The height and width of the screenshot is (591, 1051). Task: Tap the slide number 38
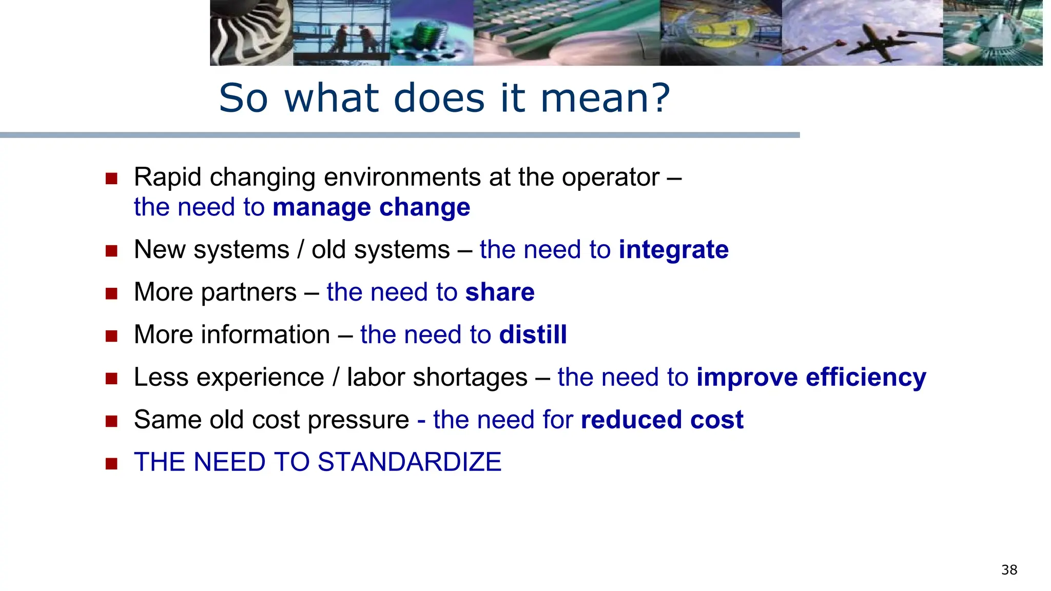pyautogui.click(x=1009, y=570)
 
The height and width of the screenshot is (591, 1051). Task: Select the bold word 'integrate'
pyautogui.click(x=673, y=250)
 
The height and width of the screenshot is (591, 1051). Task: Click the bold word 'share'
pyautogui.click(x=500, y=292)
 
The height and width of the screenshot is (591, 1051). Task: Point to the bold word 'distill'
pyautogui.click(x=533, y=335)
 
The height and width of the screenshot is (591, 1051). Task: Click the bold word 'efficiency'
pyautogui.click(x=866, y=378)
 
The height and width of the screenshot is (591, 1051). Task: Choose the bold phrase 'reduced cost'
pyautogui.click(x=662, y=420)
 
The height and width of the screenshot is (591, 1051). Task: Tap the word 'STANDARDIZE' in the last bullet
pyautogui.click(x=409, y=462)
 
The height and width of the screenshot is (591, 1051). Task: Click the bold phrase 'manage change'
pyautogui.click(x=371, y=208)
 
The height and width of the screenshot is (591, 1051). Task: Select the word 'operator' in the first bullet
pyautogui.click(x=610, y=178)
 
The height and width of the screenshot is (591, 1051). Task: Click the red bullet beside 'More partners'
pyautogui.click(x=111, y=293)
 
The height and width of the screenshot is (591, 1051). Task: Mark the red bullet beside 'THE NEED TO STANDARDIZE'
pyautogui.click(x=111, y=464)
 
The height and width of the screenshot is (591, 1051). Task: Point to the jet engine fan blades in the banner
pyautogui.click(x=246, y=33)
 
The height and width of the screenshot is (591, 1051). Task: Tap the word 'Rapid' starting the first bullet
pyautogui.click(x=168, y=178)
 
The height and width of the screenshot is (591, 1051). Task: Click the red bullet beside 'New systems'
pyautogui.click(x=111, y=251)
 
